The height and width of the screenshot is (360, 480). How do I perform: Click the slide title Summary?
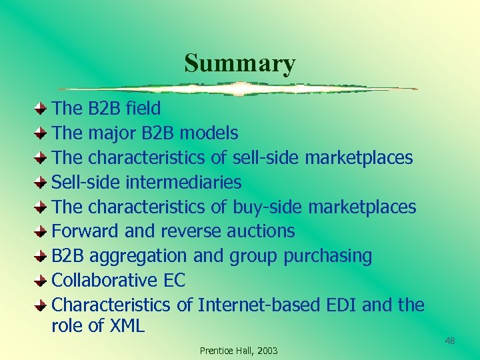[x=239, y=63]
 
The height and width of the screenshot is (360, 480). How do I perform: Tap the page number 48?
[x=450, y=341]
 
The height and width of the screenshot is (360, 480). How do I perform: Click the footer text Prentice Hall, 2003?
[x=239, y=351]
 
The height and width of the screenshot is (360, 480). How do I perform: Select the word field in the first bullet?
[x=143, y=108]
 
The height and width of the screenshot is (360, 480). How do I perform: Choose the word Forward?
[x=77, y=231]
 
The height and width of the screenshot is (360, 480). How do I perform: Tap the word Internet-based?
[x=259, y=305]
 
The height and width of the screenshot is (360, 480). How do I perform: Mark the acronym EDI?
[x=342, y=305]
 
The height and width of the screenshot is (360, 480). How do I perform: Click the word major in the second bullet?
[x=112, y=133]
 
